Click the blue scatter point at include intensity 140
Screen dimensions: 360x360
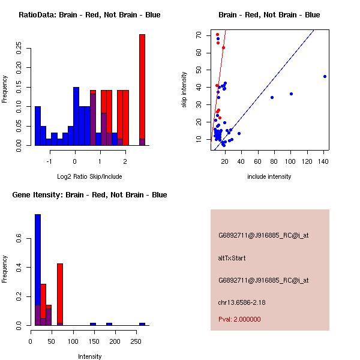325,76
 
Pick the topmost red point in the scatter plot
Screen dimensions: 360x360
217,35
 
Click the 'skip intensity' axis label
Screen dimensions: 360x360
184,90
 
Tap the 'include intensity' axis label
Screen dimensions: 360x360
269,177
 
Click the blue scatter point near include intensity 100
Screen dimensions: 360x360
291,94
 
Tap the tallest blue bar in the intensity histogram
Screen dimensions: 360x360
37,270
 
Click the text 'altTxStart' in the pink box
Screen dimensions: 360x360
232,258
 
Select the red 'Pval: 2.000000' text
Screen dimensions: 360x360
239,319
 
